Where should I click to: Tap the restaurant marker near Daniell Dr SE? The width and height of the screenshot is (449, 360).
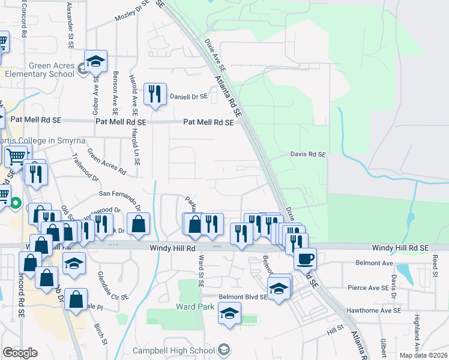[155, 94]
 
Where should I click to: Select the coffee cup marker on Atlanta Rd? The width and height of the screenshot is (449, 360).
[305, 259]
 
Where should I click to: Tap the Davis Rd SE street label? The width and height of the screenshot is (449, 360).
[308, 154]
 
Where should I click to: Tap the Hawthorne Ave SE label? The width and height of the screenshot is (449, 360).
[373, 310]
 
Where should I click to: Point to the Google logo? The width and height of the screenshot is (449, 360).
[20, 353]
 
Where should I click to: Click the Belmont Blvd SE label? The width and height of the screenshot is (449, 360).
[234, 296]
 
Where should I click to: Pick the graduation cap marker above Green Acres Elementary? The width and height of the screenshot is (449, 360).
[95, 61]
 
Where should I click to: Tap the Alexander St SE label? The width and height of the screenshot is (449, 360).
[71, 28]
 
